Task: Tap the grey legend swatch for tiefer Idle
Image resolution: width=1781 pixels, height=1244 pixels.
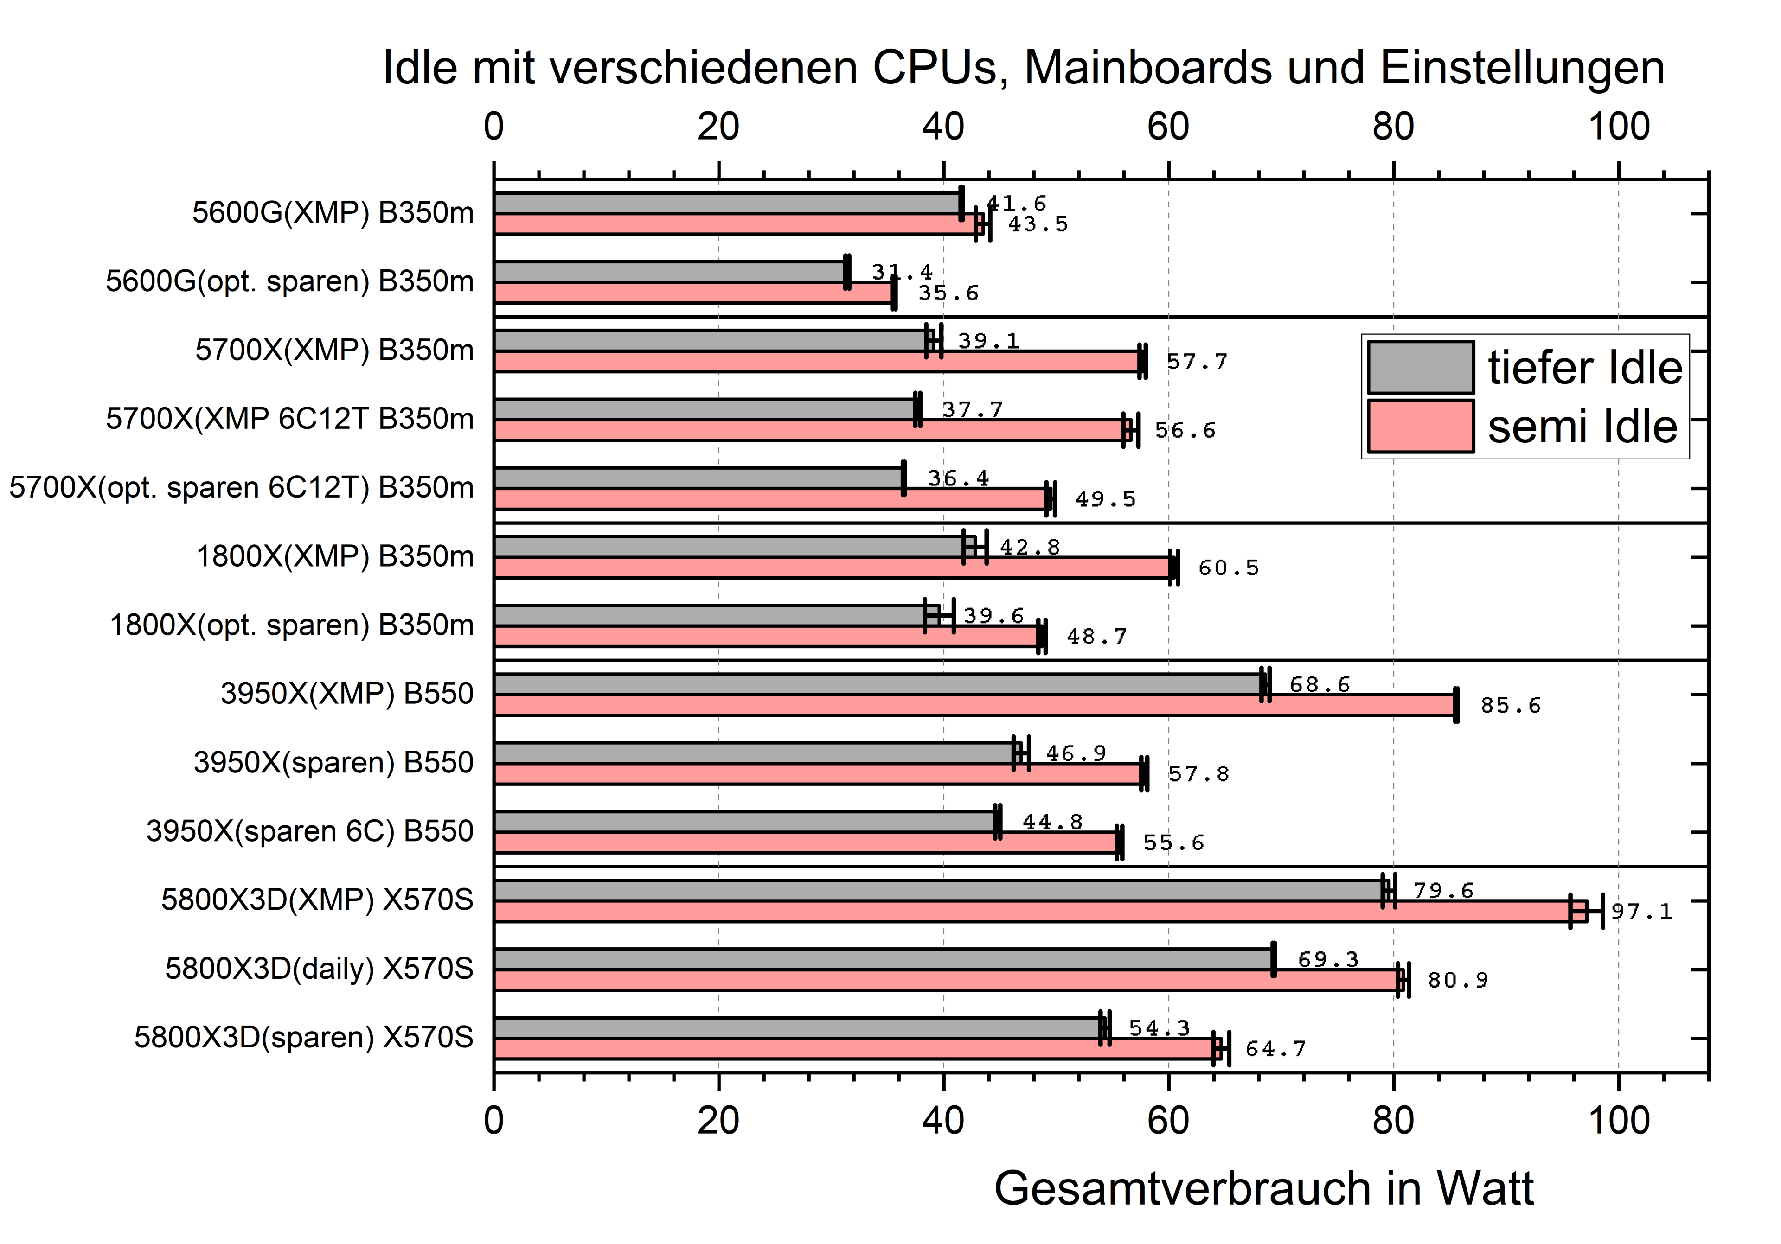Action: point(1420,367)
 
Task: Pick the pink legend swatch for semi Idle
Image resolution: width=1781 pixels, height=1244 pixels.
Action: point(1420,426)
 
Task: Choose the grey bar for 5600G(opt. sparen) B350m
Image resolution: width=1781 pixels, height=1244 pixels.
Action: point(669,271)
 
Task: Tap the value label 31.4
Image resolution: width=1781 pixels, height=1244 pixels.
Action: point(901,271)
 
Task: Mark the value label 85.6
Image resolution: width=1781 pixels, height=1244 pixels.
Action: point(1510,705)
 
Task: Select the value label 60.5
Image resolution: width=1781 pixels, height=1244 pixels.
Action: point(1228,568)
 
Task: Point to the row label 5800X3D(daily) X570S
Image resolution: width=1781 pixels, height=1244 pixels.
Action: point(319,969)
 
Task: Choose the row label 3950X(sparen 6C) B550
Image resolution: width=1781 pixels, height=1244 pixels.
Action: point(309,831)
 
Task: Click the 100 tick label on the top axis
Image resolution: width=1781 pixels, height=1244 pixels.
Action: point(1618,127)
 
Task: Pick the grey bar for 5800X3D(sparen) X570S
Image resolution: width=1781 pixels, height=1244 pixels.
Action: point(797,1027)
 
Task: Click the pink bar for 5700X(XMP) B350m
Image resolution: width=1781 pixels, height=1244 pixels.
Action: point(817,361)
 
